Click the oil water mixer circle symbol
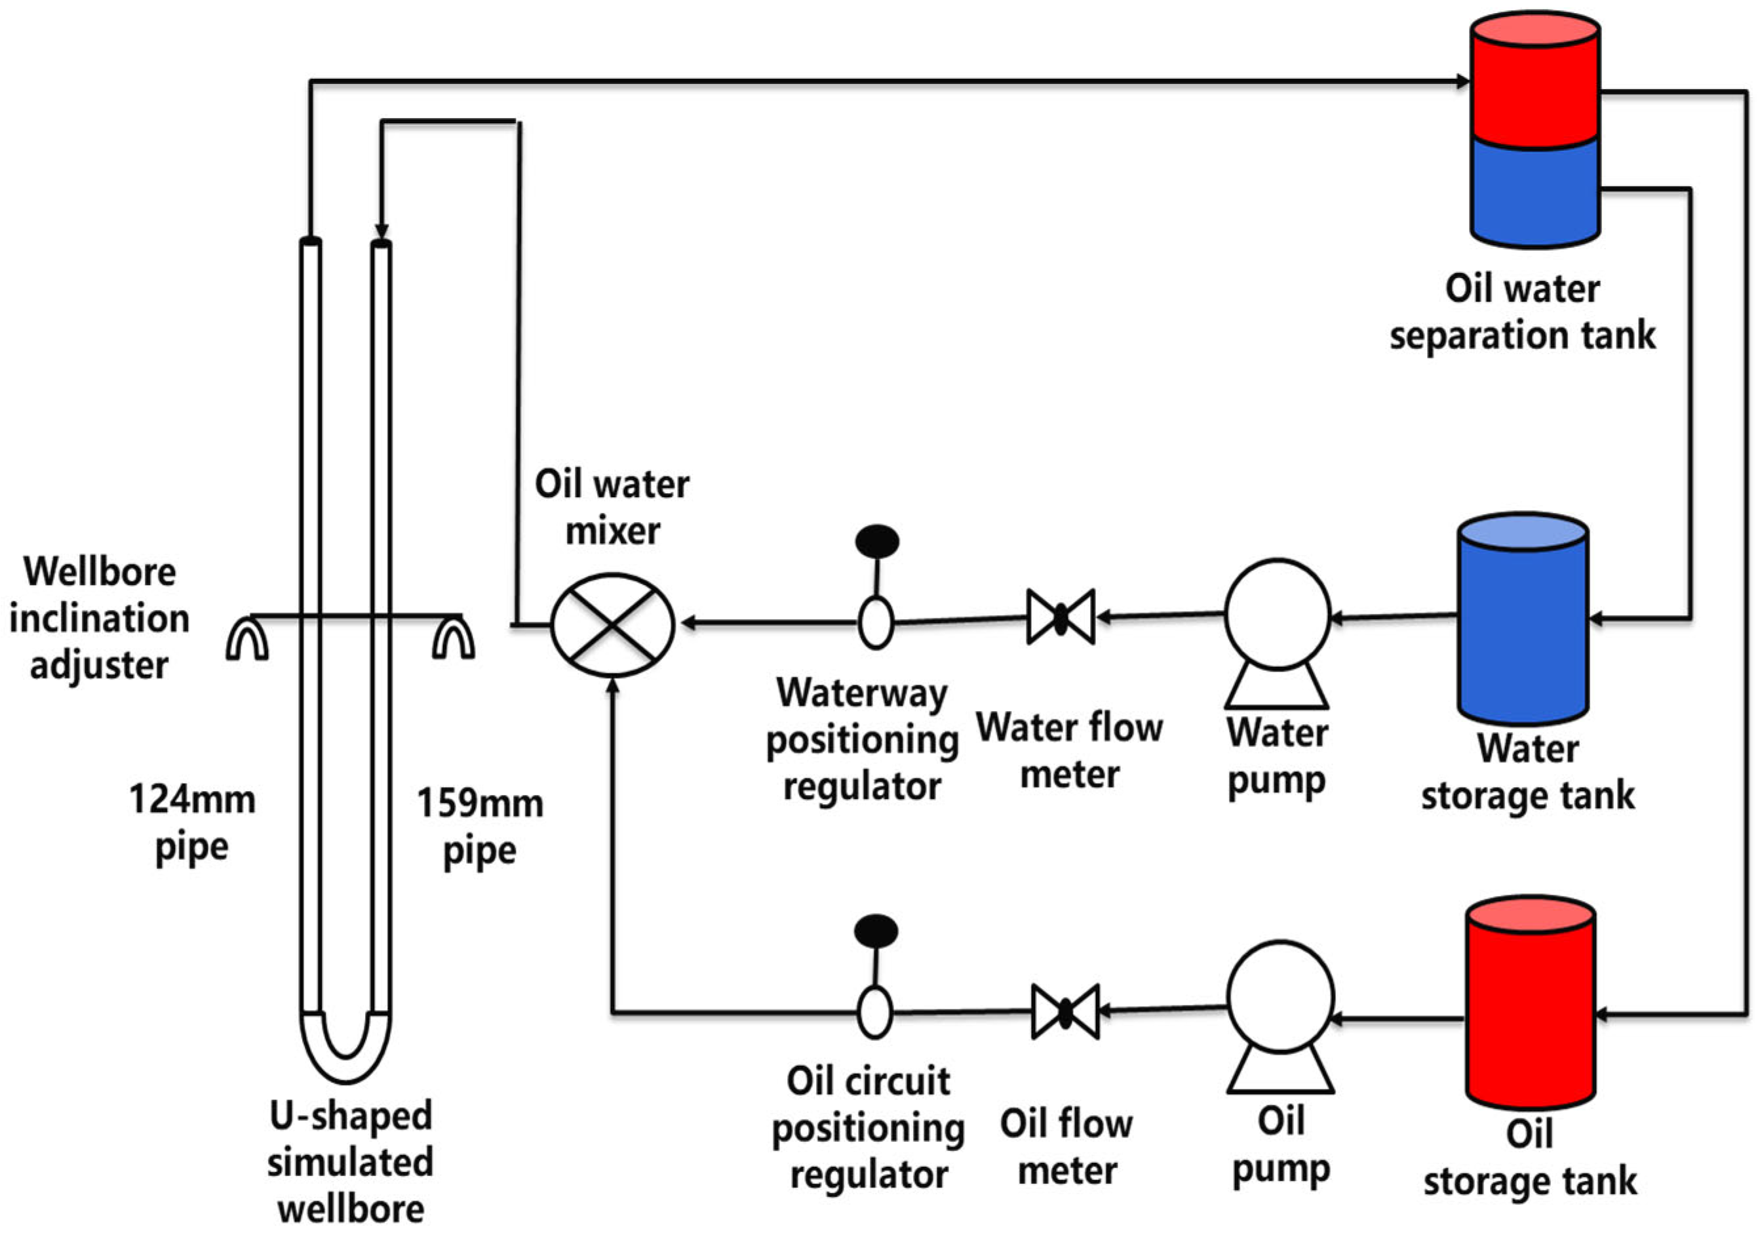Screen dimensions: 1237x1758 [612, 625]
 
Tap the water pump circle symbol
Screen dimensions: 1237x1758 [1276, 615]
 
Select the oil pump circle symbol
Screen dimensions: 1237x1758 [1280, 996]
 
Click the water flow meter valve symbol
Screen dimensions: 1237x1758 [1061, 617]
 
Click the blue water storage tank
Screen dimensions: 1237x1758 [1522, 628]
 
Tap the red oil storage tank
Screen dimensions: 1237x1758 [1530, 1011]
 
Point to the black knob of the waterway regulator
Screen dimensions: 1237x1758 [876, 540]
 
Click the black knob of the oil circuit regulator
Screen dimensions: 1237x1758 [876, 931]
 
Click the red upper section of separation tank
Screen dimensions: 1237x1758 [1534, 84]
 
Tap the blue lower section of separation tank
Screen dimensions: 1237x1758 [1534, 192]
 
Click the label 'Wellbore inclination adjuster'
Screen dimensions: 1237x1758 [99, 617]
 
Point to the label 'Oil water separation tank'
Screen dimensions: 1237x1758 [1521, 312]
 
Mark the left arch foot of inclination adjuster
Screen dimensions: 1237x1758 [246, 639]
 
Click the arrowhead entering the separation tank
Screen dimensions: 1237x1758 [1462, 81]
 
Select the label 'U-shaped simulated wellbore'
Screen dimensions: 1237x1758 [350, 1162]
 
